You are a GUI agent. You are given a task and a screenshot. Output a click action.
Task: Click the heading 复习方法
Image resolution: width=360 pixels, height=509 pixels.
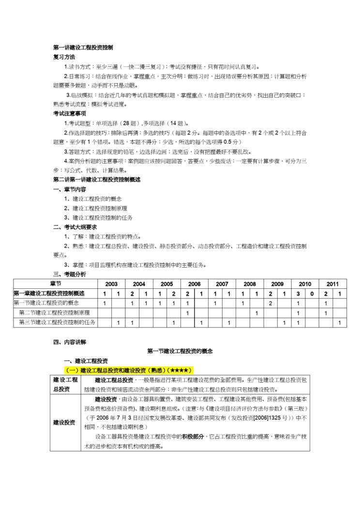[64, 57]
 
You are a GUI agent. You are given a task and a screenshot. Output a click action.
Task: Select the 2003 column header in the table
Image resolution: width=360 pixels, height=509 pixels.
[111, 284]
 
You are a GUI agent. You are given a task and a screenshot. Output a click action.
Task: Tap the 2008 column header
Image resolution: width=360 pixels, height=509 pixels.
[250, 284]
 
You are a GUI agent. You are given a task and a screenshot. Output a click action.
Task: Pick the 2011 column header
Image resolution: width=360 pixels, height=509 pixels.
[332, 284]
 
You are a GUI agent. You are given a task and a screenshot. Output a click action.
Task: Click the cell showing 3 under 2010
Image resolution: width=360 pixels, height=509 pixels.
[298, 293]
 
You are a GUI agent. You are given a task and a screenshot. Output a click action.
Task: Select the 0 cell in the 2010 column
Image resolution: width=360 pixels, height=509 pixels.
[312, 293]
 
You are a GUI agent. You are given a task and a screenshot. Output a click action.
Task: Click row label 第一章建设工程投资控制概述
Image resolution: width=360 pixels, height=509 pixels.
[49, 293]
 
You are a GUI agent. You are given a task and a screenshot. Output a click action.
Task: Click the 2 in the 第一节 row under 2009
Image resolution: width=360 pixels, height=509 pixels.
[270, 303]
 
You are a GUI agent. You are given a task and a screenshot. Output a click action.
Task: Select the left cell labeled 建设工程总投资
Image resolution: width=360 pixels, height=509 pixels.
[65, 385]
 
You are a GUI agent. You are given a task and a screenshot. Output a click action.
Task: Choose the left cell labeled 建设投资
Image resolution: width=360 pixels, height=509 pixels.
[65, 422]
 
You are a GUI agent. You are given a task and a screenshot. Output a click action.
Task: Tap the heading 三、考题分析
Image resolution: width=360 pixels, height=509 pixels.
[70, 274]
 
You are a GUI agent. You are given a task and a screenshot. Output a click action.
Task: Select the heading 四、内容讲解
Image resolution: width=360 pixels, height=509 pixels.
[70, 342]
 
